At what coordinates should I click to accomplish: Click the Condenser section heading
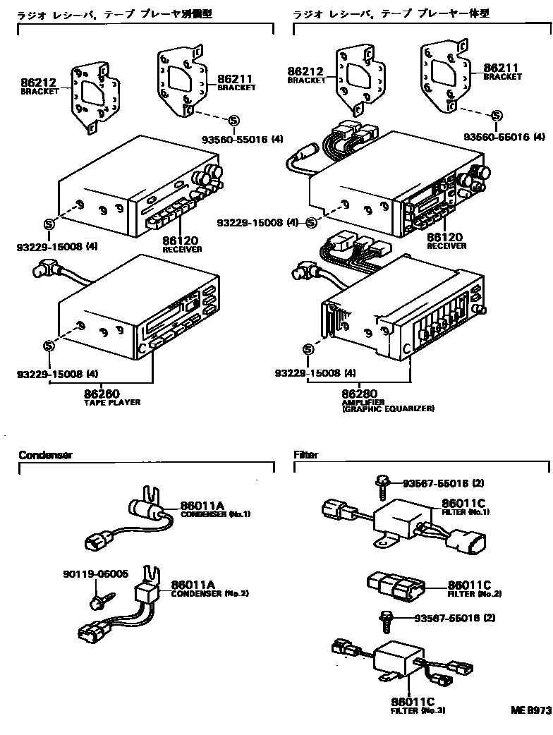[45, 455]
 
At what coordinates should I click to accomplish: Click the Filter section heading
[305, 455]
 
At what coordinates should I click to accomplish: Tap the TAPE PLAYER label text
[112, 402]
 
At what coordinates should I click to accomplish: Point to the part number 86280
[360, 393]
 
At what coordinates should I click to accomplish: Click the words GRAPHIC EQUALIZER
[389, 408]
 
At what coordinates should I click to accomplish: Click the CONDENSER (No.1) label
[216, 514]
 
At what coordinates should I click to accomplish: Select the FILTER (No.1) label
[466, 511]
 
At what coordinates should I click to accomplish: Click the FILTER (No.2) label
[466, 593]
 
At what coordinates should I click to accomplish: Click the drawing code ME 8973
[530, 712]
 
